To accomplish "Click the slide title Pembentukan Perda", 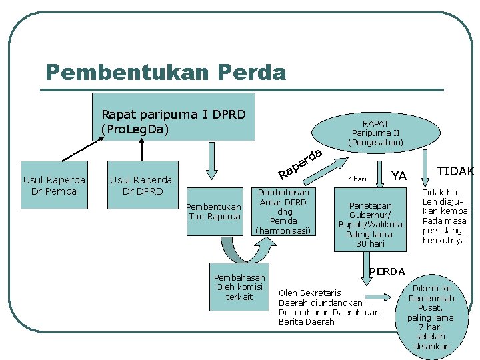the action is coord(165,71).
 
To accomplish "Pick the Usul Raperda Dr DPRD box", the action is coord(141,185).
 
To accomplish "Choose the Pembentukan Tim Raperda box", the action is coord(214,211).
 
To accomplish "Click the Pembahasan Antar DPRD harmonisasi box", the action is coord(283,211).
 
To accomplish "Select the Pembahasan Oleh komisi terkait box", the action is coord(239,287).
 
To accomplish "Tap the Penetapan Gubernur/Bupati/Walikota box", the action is coord(370,224).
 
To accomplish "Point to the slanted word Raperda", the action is coord(301,164).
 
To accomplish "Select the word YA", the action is coord(399,175).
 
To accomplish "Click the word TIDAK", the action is coord(455,171).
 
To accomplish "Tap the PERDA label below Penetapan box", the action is coord(387,271).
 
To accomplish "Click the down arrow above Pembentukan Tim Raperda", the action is coord(212,161).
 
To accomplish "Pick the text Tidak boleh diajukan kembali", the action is coord(447,216).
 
